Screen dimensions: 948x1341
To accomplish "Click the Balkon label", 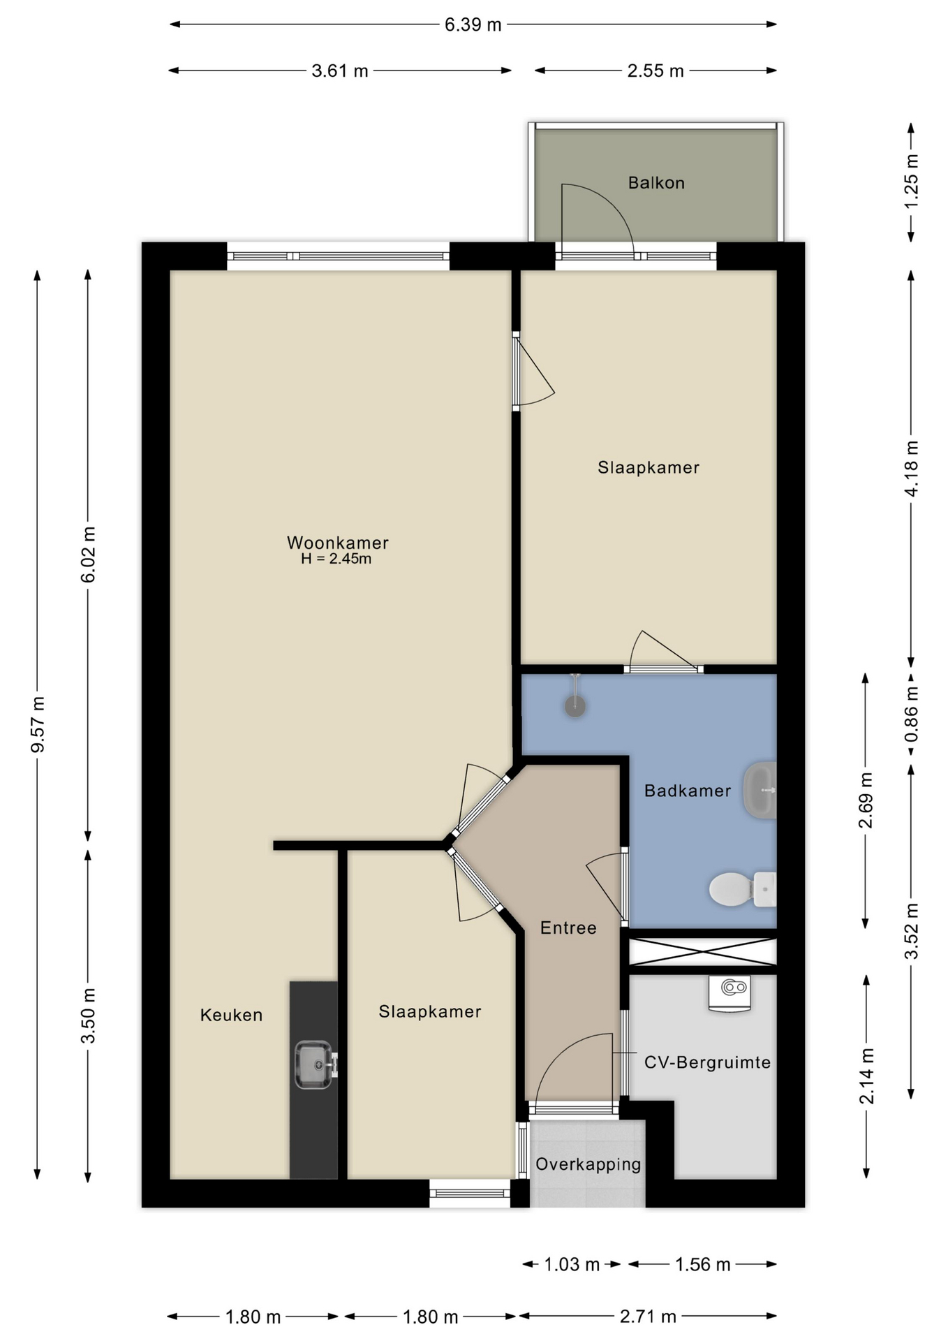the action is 656,183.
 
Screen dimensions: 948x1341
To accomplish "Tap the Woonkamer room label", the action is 337,543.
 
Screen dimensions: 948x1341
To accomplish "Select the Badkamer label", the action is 688,791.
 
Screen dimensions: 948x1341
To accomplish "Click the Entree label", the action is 568,928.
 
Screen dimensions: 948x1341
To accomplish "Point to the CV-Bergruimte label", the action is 707,1062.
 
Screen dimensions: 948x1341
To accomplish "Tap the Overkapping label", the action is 588,1164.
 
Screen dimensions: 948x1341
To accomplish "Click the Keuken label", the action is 231,1015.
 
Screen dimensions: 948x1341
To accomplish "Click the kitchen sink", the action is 316,1065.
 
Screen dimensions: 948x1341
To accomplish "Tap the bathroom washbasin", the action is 760,790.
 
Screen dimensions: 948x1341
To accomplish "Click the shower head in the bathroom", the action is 575,705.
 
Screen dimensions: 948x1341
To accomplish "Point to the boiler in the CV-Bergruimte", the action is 729,992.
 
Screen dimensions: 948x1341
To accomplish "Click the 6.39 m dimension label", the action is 473,24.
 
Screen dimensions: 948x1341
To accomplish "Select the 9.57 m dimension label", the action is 39,724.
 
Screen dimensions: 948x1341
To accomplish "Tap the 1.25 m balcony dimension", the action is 911,181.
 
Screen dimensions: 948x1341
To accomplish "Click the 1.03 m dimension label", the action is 572,1264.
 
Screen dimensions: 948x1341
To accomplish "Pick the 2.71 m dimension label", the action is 648,1317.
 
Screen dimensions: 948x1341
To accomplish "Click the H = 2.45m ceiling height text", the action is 336,559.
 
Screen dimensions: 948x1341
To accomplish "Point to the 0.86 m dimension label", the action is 911,715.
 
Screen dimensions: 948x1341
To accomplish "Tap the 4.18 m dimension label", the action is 911,468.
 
